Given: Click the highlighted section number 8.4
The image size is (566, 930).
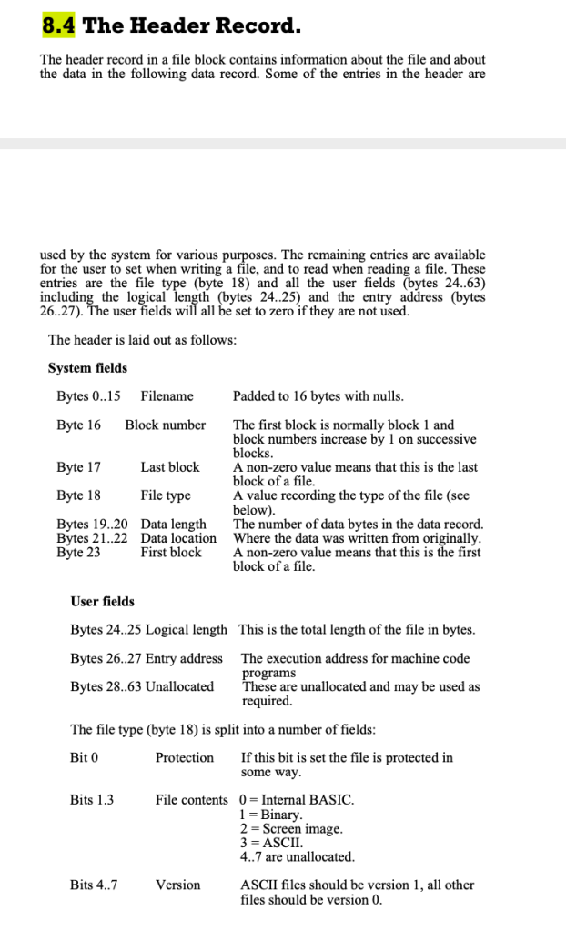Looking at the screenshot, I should pyautogui.click(x=59, y=25).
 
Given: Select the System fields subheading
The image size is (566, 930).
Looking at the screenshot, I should pyautogui.click(x=87, y=368).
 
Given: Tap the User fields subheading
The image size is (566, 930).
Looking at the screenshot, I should pyautogui.click(x=102, y=602).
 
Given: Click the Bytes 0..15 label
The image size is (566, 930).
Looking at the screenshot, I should pyautogui.click(x=88, y=396).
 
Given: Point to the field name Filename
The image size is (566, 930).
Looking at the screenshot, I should pyautogui.click(x=167, y=396).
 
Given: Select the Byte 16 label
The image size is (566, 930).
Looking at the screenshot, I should pyautogui.click(x=78, y=425).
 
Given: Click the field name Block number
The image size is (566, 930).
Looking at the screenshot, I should pyautogui.click(x=166, y=425).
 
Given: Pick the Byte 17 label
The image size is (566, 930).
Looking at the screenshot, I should pyautogui.click(x=78, y=467).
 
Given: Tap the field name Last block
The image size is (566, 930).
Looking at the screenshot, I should pyautogui.click(x=170, y=467).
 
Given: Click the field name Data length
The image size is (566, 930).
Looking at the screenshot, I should pyautogui.click(x=174, y=525).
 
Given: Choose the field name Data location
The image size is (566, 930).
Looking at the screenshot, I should pyautogui.click(x=178, y=538).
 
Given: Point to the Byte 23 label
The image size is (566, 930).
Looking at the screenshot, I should pyautogui.click(x=78, y=552).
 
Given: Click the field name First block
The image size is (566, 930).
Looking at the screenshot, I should pyautogui.click(x=171, y=552).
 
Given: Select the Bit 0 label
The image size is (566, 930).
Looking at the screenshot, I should pyautogui.click(x=84, y=757).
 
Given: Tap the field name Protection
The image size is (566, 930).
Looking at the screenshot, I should pyautogui.click(x=185, y=757).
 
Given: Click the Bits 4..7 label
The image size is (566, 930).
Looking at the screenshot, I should pyautogui.click(x=94, y=885).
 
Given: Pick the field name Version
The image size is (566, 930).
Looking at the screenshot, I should pyautogui.click(x=177, y=885).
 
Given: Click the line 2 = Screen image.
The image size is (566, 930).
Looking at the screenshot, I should pyautogui.click(x=291, y=828).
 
